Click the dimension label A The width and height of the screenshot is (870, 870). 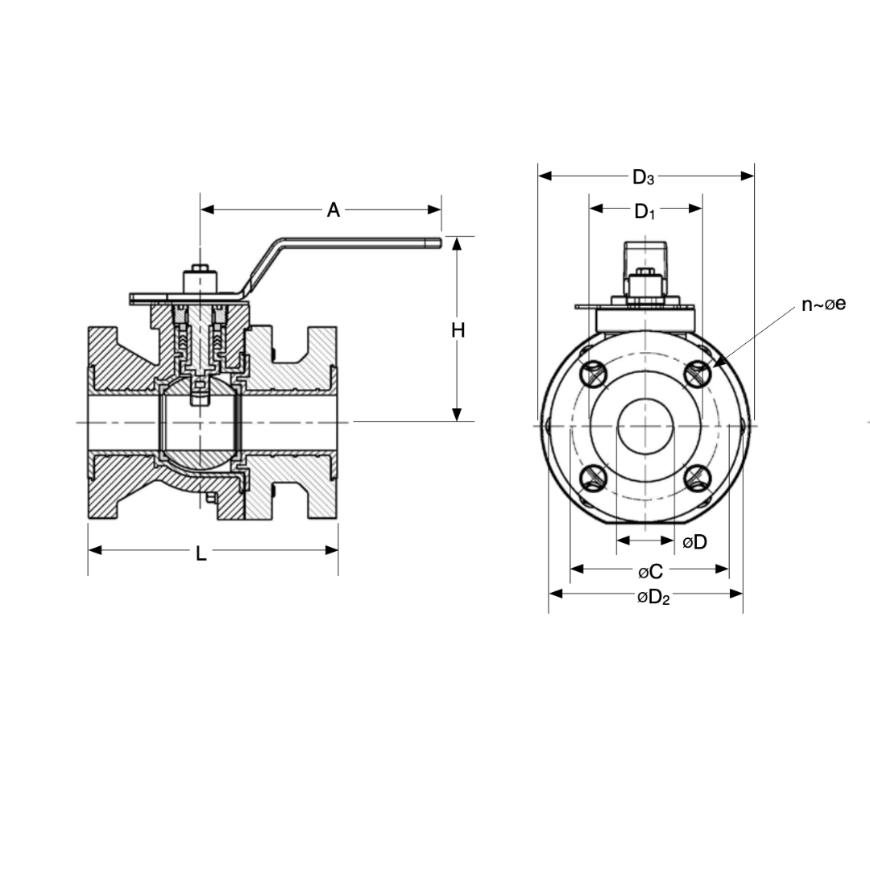[x=333, y=210]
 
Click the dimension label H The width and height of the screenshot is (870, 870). [x=458, y=330]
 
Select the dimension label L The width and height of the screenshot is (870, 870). [x=201, y=553]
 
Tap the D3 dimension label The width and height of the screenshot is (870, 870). [x=643, y=177]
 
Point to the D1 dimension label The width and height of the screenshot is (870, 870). [x=644, y=212]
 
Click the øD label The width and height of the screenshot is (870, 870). [x=694, y=542]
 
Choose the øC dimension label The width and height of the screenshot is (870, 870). [x=650, y=572]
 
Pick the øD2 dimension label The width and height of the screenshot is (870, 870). [x=653, y=598]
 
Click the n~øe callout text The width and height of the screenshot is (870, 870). [x=823, y=304]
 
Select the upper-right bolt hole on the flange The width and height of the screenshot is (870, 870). [x=698, y=372]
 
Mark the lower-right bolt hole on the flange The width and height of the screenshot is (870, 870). [x=698, y=478]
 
